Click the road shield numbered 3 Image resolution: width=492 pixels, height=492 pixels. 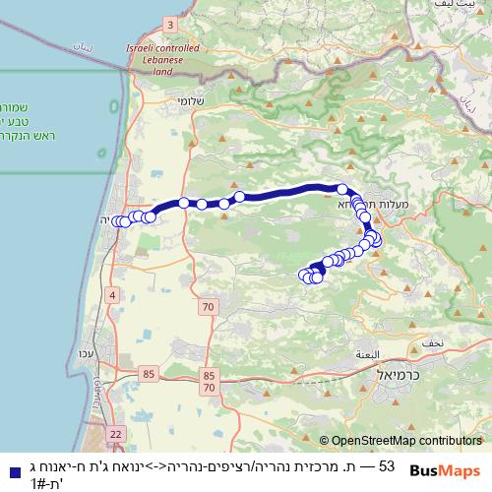tap(169, 24)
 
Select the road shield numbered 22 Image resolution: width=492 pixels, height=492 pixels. tap(115, 433)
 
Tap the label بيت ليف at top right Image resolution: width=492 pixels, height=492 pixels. tap(437, 6)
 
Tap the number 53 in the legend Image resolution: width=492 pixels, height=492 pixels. tap(386, 465)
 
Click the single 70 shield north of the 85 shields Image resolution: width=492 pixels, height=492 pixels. tap(207, 308)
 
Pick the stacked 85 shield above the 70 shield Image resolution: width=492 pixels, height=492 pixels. tap(209, 375)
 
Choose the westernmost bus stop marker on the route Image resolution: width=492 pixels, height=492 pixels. tap(117, 221)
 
